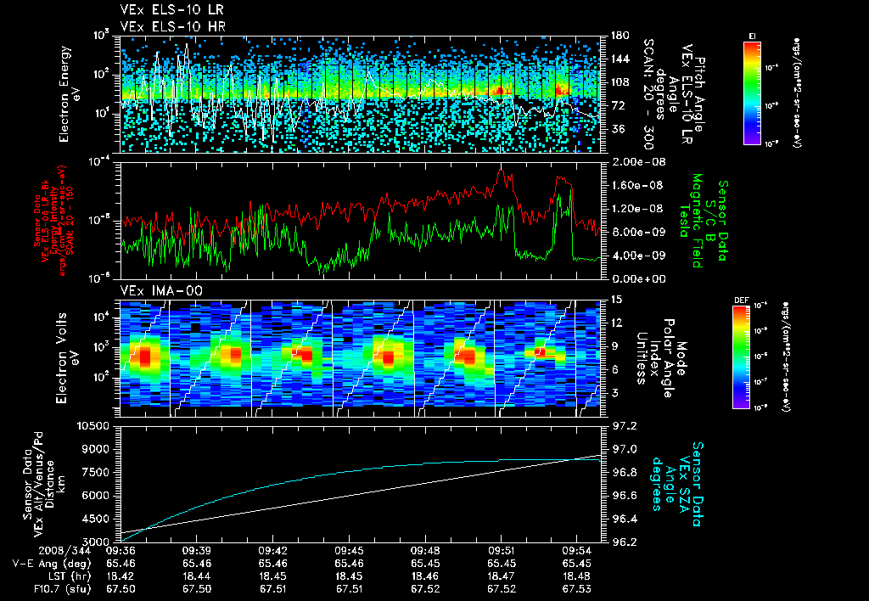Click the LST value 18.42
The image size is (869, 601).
(122, 575)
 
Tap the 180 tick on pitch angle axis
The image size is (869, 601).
(619, 36)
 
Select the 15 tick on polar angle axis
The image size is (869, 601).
(617, 300)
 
